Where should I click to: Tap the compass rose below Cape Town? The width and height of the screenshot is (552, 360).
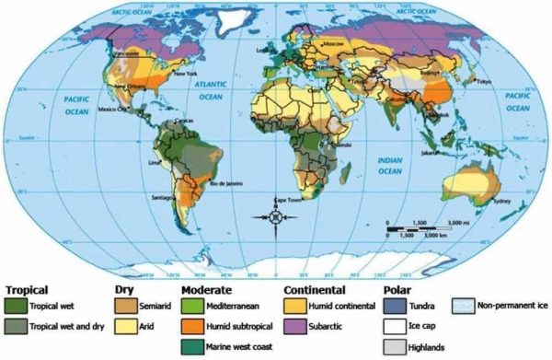click(277, 217)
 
